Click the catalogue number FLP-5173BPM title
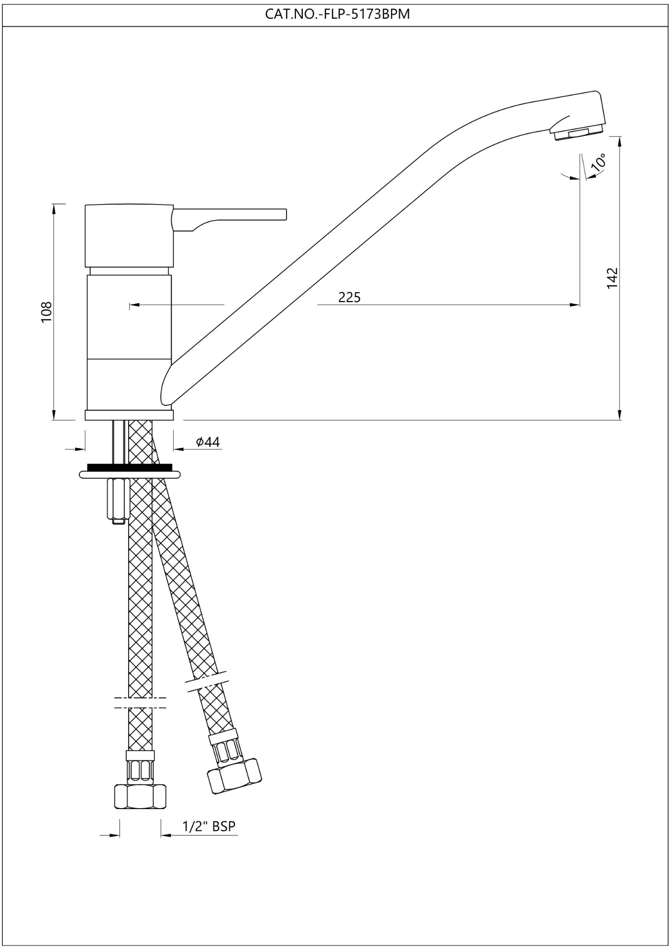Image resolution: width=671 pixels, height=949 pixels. (x=337, y=14)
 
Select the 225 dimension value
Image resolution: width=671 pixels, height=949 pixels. (x=349, y=297)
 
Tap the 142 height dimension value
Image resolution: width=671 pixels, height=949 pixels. (x=613, y=278)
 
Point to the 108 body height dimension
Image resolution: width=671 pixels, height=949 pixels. (x=47, y=312)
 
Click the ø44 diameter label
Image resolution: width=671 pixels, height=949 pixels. (x=208, y=442)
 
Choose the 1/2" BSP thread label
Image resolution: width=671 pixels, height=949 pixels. (x=209, y=826)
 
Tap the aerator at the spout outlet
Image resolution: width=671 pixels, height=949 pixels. (x=577, y=133)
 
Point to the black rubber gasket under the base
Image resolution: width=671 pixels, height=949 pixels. (x=130, y=467)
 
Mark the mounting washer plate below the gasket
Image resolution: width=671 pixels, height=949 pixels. (x=129, y=475)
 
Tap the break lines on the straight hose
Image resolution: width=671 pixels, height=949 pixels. (x=140, y=703)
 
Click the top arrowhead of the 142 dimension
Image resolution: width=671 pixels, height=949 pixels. (x=620, y=140)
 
